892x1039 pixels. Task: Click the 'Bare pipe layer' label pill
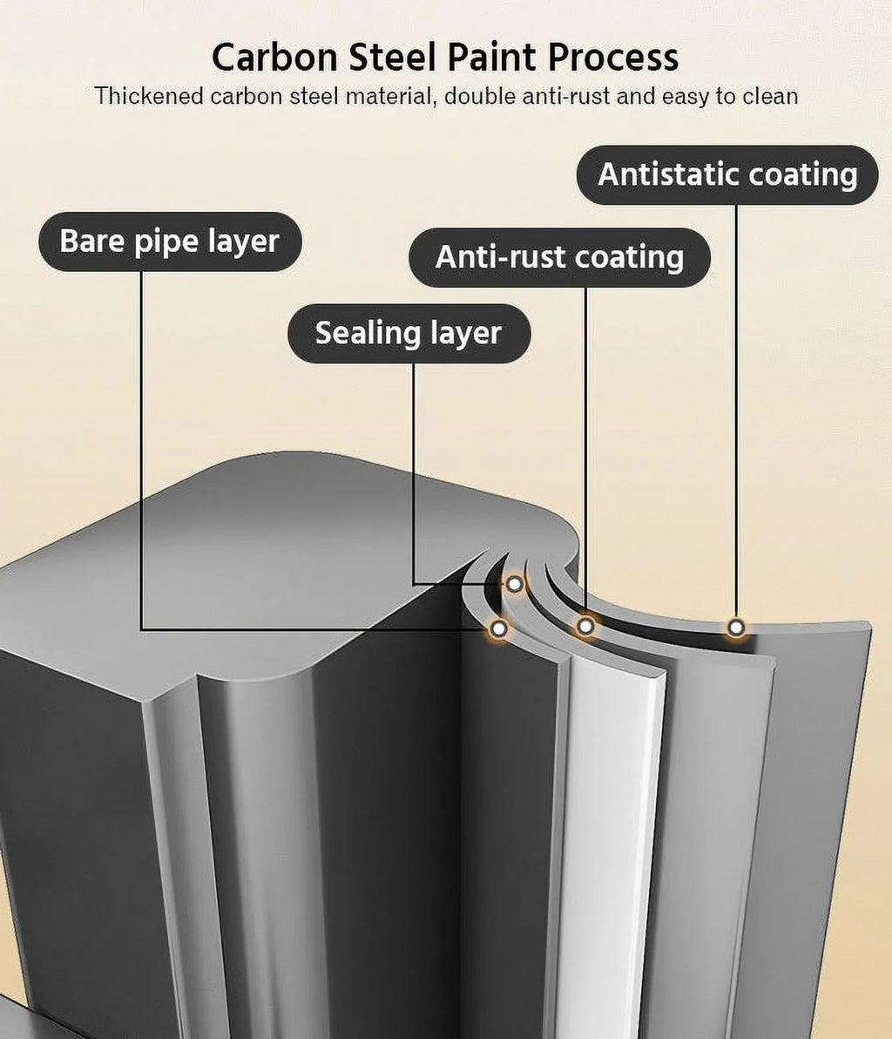pos(170,241)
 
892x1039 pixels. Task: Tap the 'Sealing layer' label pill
pos(409,333)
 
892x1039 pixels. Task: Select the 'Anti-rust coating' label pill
pos(559,258)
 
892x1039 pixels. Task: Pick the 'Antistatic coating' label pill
pos(727,175)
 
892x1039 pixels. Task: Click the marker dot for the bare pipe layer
pos(499,628)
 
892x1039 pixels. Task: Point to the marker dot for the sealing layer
pos(515,584)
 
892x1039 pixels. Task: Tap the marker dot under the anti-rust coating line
pos(585,626)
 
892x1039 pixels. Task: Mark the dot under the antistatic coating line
pos(736,628)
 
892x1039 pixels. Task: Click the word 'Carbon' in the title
pos(274,57)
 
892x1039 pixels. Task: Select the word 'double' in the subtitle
pos(480,96)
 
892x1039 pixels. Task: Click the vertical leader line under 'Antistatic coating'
pos(736,411)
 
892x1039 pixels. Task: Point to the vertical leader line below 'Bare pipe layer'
pos(141,451)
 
